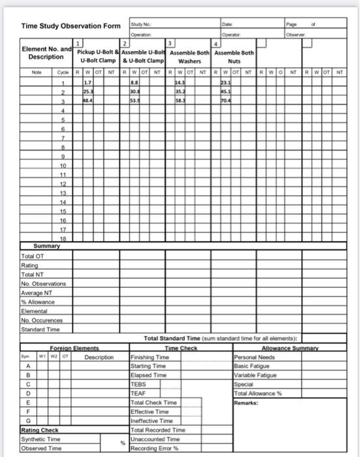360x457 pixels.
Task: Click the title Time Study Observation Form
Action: click(71, 26)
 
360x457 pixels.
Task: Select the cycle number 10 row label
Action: click(63, 166)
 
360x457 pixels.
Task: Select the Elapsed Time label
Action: click(149, 375)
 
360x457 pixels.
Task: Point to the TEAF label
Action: click(139, 393)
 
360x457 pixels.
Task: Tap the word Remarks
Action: click(246, 403)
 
